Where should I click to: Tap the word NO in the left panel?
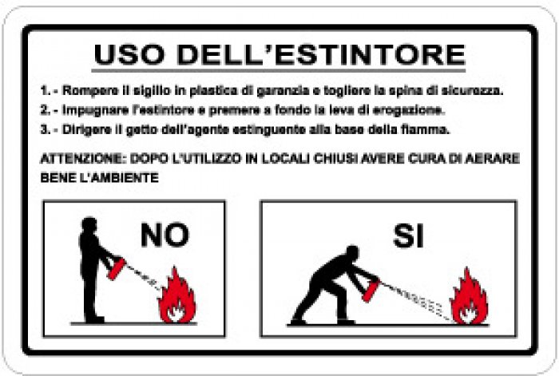[165, 235]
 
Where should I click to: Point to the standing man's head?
[90, 225]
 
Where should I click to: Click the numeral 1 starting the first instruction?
[44, 90]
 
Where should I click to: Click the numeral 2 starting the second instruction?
[44, 109]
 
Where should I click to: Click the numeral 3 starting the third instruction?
[44, 129]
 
